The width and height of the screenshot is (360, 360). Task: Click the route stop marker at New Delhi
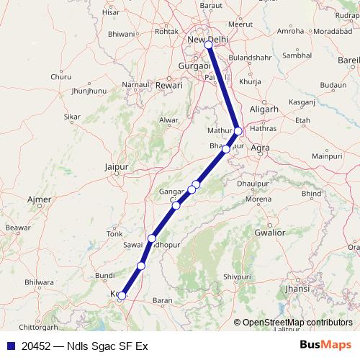208,45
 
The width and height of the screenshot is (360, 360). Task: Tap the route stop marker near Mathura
238,130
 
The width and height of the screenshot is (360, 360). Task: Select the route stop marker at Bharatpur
226,149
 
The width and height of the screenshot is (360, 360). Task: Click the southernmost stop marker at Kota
122,295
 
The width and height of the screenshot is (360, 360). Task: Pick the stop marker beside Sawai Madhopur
152,238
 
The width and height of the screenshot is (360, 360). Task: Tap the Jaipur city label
116,167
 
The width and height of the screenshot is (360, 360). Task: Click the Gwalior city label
269,233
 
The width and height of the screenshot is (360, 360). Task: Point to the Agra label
261,148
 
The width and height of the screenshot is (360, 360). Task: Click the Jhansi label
297,288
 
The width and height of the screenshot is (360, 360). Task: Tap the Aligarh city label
264,109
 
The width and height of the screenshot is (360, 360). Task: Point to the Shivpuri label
236,276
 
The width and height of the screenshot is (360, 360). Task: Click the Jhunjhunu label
89,91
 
